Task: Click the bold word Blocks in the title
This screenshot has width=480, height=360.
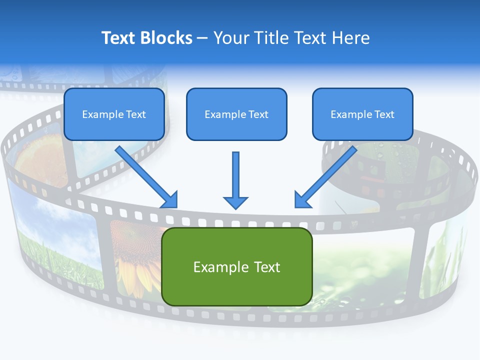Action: [x=167, y=38]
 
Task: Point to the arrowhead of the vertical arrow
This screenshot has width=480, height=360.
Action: [x=235, y=202]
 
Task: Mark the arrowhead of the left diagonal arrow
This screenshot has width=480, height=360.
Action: [x=170, y=200]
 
